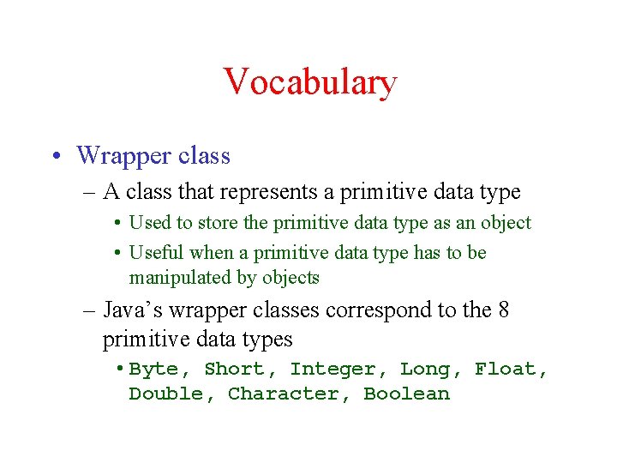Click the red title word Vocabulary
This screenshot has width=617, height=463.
tap(309, 83)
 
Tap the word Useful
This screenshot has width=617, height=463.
tap(156, 253)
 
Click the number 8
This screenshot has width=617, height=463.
tap(503, 310)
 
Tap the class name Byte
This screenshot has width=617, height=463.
tap(153, 370)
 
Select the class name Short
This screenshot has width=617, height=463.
tap(234, 370)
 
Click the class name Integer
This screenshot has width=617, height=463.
tap(332, 370)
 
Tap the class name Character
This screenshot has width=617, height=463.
tap(283, 394)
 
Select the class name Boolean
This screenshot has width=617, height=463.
tap(406, 394)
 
